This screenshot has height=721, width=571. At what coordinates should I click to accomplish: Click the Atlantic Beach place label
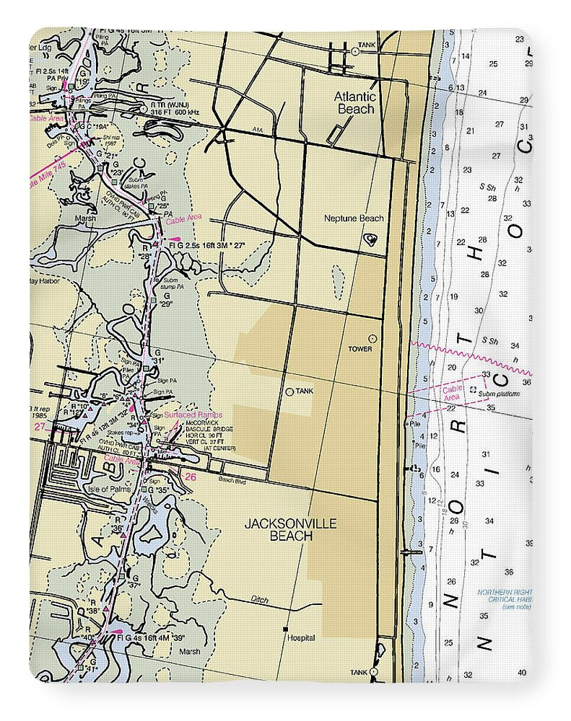pyautogui.click(x=355, y=102)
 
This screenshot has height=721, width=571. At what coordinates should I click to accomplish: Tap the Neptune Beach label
pyautogui.click(x=354, y=218)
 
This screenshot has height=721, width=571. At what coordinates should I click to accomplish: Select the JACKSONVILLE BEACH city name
pyautogui.click(x=290, y=529)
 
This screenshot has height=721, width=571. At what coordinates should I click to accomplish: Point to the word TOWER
pyautogui.click(x=360, y=348)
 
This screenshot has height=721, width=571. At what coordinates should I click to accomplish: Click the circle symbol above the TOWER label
pyautogui.click(x=372, y=338)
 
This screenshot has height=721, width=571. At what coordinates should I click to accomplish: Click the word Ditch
pyautogui.click(x=260, y=598)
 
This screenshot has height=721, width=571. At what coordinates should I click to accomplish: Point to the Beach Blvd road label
pyautogui.click(x=232, y=481)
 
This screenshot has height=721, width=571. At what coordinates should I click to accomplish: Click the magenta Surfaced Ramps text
pyautogui.click(x=193, y=415)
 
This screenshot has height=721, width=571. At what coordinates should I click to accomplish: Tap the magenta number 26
pyautogui.click(x=190, y=477)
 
